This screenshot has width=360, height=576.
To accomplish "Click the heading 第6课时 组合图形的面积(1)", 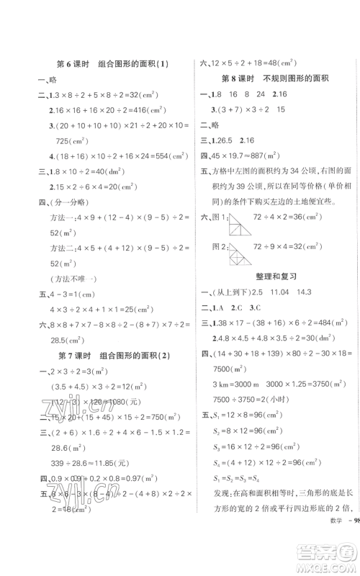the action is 112,63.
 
